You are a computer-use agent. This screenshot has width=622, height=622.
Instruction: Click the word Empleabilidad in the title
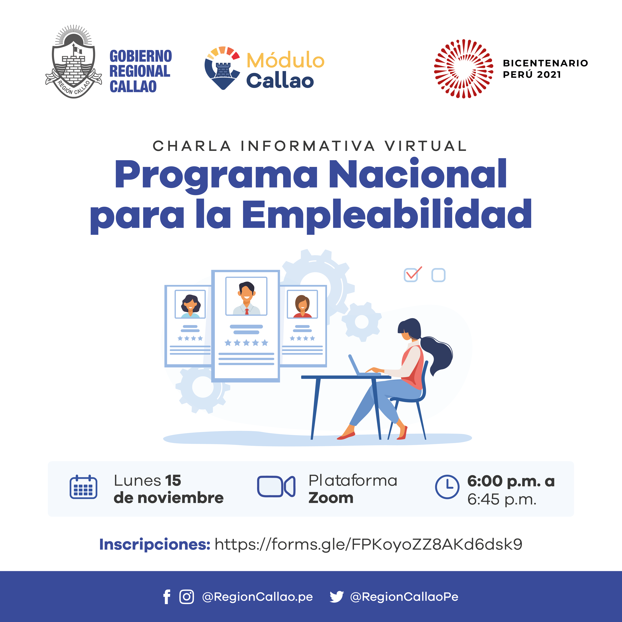387,215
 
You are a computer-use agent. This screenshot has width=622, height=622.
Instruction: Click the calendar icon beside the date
83,487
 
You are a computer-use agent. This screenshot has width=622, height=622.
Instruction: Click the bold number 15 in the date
173,481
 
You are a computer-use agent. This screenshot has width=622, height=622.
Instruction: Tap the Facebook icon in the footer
167,597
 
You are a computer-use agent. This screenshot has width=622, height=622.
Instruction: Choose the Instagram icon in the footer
187,597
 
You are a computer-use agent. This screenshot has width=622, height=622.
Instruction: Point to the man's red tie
247,311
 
